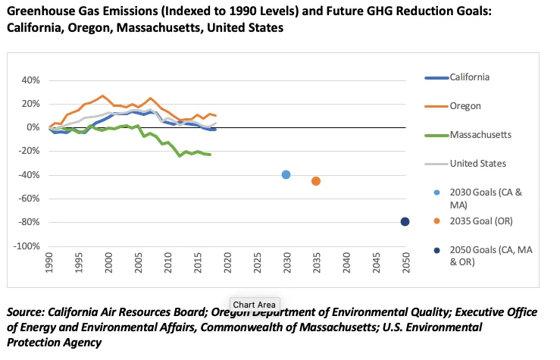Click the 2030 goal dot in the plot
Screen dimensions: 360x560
point(286,174)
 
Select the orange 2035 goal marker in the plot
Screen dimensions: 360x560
point(316,180)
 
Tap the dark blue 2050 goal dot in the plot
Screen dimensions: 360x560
point(405,221)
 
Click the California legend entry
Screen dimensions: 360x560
point(469,77)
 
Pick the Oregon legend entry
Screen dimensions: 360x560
point(465,106)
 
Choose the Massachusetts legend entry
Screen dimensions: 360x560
point(480,134)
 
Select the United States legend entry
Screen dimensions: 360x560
point(477,163)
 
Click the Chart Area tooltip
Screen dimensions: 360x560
point(255,304)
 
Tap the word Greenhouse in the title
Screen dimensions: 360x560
point(39,11)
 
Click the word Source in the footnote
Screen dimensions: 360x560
point(25,312)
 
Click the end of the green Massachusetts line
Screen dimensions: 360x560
point(210,155)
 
